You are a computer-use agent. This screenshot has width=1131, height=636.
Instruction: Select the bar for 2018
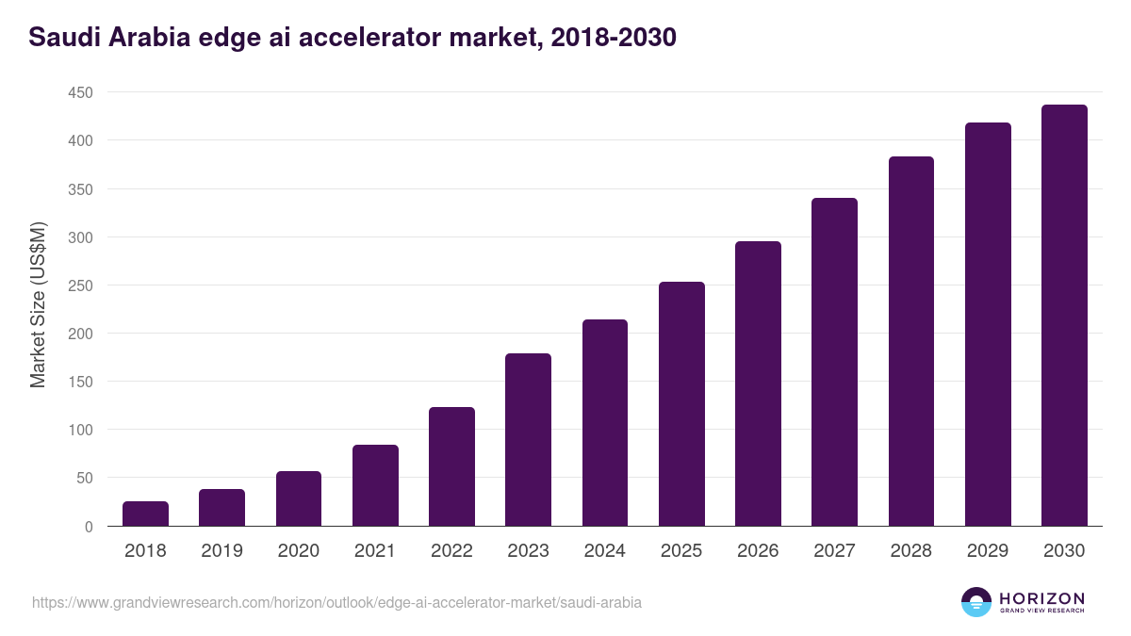(x=145, y=514)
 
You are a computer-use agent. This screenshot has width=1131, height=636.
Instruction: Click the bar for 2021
(x=375, y=485)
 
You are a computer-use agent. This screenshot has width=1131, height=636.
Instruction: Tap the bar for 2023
(x=528, y=440)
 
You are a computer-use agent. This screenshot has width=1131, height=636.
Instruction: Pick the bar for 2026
(x=758, y=383)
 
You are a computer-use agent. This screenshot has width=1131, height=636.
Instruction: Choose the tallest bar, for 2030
(x=1064, y=316)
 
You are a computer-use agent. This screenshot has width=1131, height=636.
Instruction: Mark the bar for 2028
(x=911, y=341)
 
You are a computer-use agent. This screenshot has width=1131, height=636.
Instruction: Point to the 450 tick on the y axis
(x=80, y=92)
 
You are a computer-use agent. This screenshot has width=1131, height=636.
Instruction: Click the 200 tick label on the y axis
(x=80, y=334)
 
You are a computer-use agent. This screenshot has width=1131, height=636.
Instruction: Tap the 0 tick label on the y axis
(x=89, y=527)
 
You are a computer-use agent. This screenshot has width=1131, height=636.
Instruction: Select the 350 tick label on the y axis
(x=80, y=189)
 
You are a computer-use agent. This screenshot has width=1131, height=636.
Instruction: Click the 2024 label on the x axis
(x=604, y=551)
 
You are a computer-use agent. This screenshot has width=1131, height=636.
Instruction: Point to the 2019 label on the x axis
(x=221, y=551)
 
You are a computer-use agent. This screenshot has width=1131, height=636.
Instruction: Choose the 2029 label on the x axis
(x=988, y=551)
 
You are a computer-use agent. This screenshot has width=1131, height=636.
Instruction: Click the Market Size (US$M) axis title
(x=38, y=305)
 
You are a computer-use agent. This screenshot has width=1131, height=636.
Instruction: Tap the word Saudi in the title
(x=64, y=38)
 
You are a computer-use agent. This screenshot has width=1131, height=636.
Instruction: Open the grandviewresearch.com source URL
(x=336, y=602)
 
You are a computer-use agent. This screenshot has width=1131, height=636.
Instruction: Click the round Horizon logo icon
(x=976, y=602)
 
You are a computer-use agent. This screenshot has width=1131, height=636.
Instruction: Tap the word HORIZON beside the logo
(x=1041, y=598)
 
